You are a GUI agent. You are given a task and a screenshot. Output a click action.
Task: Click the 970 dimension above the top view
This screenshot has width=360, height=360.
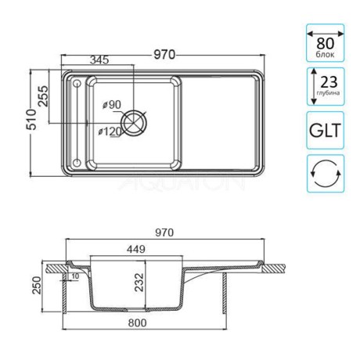click(164, 55)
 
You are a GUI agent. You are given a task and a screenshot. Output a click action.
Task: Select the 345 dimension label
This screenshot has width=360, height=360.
click(99, 60)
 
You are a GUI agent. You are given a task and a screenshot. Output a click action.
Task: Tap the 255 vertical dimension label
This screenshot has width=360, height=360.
click(44, 96)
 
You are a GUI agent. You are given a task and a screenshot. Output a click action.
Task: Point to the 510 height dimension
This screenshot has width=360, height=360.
click(32, 120)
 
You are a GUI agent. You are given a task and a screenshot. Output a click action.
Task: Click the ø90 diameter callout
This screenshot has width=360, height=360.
click(112, 105)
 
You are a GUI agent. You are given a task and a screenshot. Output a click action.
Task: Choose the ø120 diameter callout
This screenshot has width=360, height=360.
click(110, 131)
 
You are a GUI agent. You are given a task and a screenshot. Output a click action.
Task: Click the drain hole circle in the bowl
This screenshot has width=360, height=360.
click(135, 123)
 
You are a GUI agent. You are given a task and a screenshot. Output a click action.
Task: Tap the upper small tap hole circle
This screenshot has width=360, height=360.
click(77, 84)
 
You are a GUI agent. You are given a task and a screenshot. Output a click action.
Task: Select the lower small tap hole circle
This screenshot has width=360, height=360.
click(77, 163)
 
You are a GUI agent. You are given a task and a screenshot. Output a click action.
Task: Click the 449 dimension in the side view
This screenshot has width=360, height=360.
click(136, 250)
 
